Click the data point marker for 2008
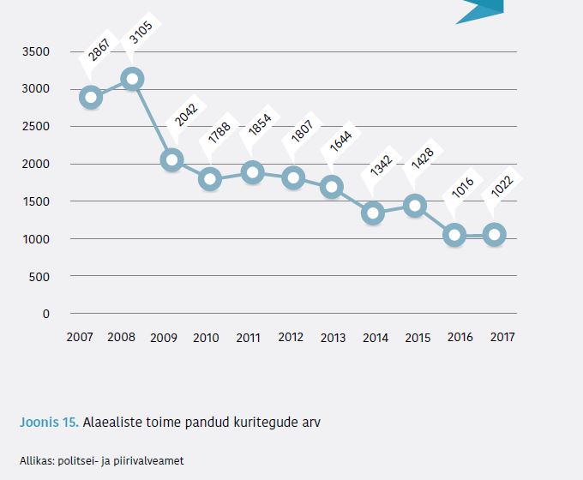[x=131, y=79]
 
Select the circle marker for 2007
[x=91, y=97]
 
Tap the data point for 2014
[x=373, y=213]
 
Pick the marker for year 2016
[x=454, y=235]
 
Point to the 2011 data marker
[x=252, y=172]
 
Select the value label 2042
[x=185, y=115]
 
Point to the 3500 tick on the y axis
[x=36, y=52]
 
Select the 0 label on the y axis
[x=46, y=314]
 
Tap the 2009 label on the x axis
[x=164, y=338]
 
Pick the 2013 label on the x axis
[x=334, y=338]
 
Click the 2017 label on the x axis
[x=502, y=337]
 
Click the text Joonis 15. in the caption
[x=50, y=422]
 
